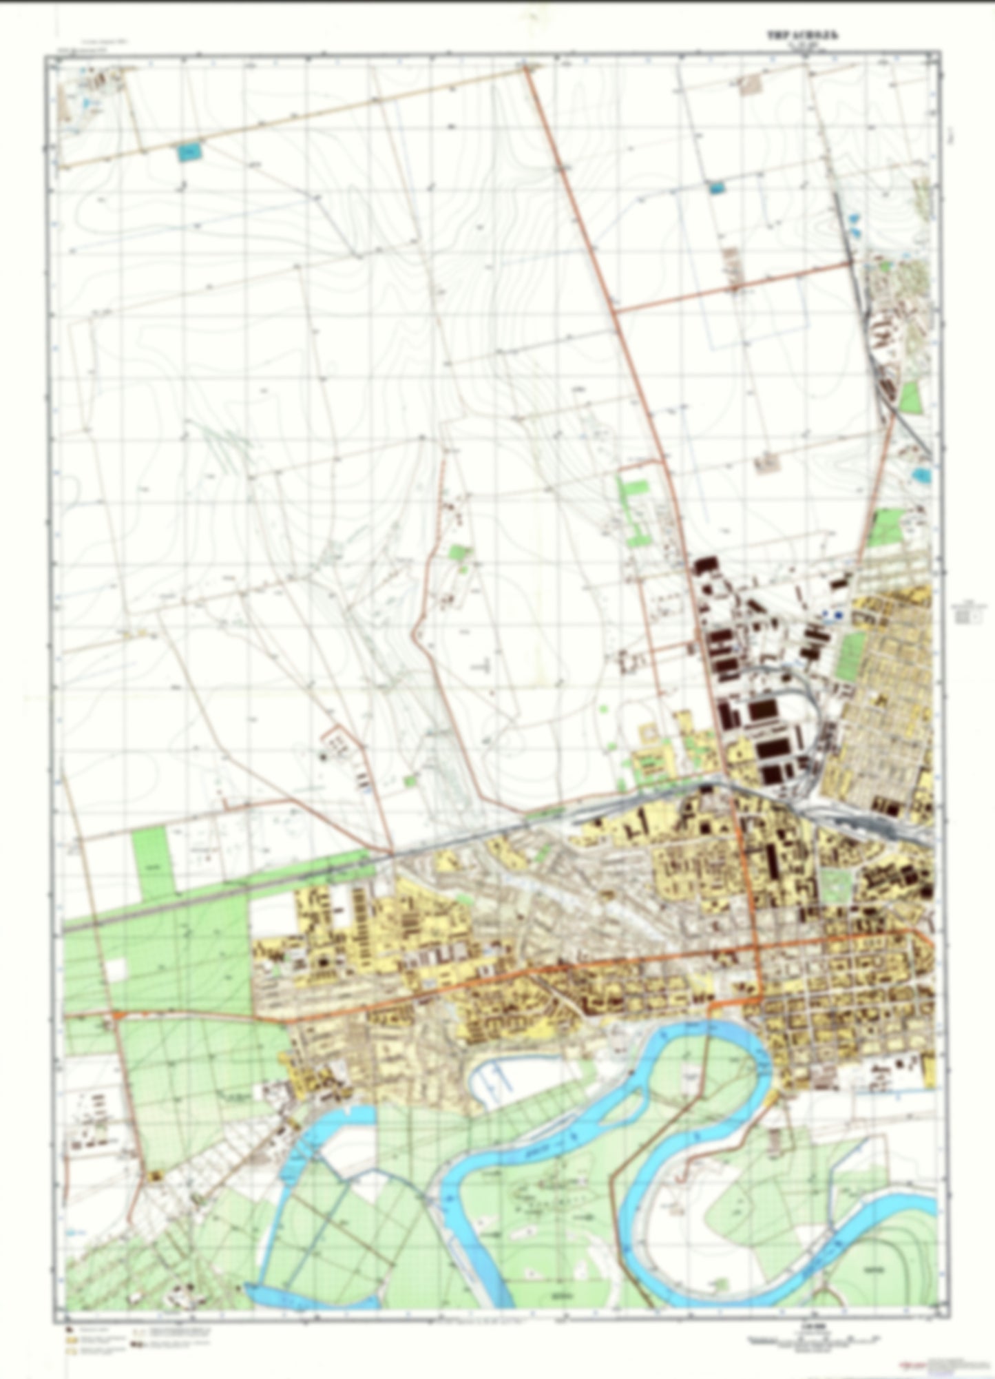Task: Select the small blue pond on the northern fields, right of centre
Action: coord(716,186)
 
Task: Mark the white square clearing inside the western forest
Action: coord(116,969)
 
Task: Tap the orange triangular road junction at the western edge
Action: coord(119,1015)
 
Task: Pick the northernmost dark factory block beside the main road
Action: coord(703,566)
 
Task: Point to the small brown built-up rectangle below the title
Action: coord(748,85)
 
